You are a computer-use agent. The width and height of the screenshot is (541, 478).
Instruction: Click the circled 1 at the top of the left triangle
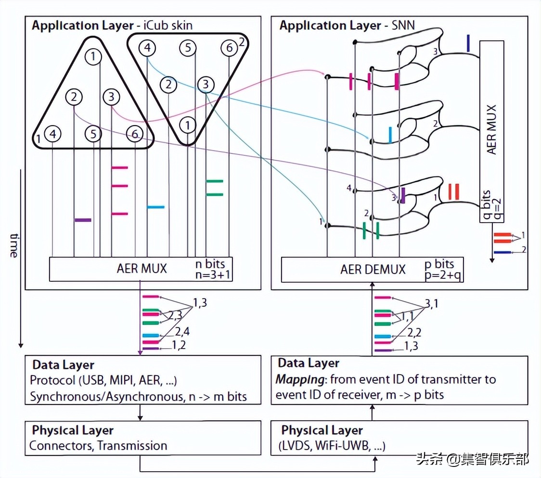94,57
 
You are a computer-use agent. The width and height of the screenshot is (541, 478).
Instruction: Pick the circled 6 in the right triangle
229,48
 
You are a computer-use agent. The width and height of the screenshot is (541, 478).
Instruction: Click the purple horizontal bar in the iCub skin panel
83,220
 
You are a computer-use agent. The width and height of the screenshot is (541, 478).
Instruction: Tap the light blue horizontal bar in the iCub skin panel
155,207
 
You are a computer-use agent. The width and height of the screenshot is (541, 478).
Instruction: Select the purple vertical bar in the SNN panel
403,195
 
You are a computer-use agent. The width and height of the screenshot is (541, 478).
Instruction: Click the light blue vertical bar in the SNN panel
390,135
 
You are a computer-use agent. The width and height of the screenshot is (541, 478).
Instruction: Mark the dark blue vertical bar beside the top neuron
468,43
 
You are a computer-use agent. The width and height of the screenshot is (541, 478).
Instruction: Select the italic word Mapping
293,379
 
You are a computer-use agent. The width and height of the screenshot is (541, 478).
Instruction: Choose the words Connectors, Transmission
98,446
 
